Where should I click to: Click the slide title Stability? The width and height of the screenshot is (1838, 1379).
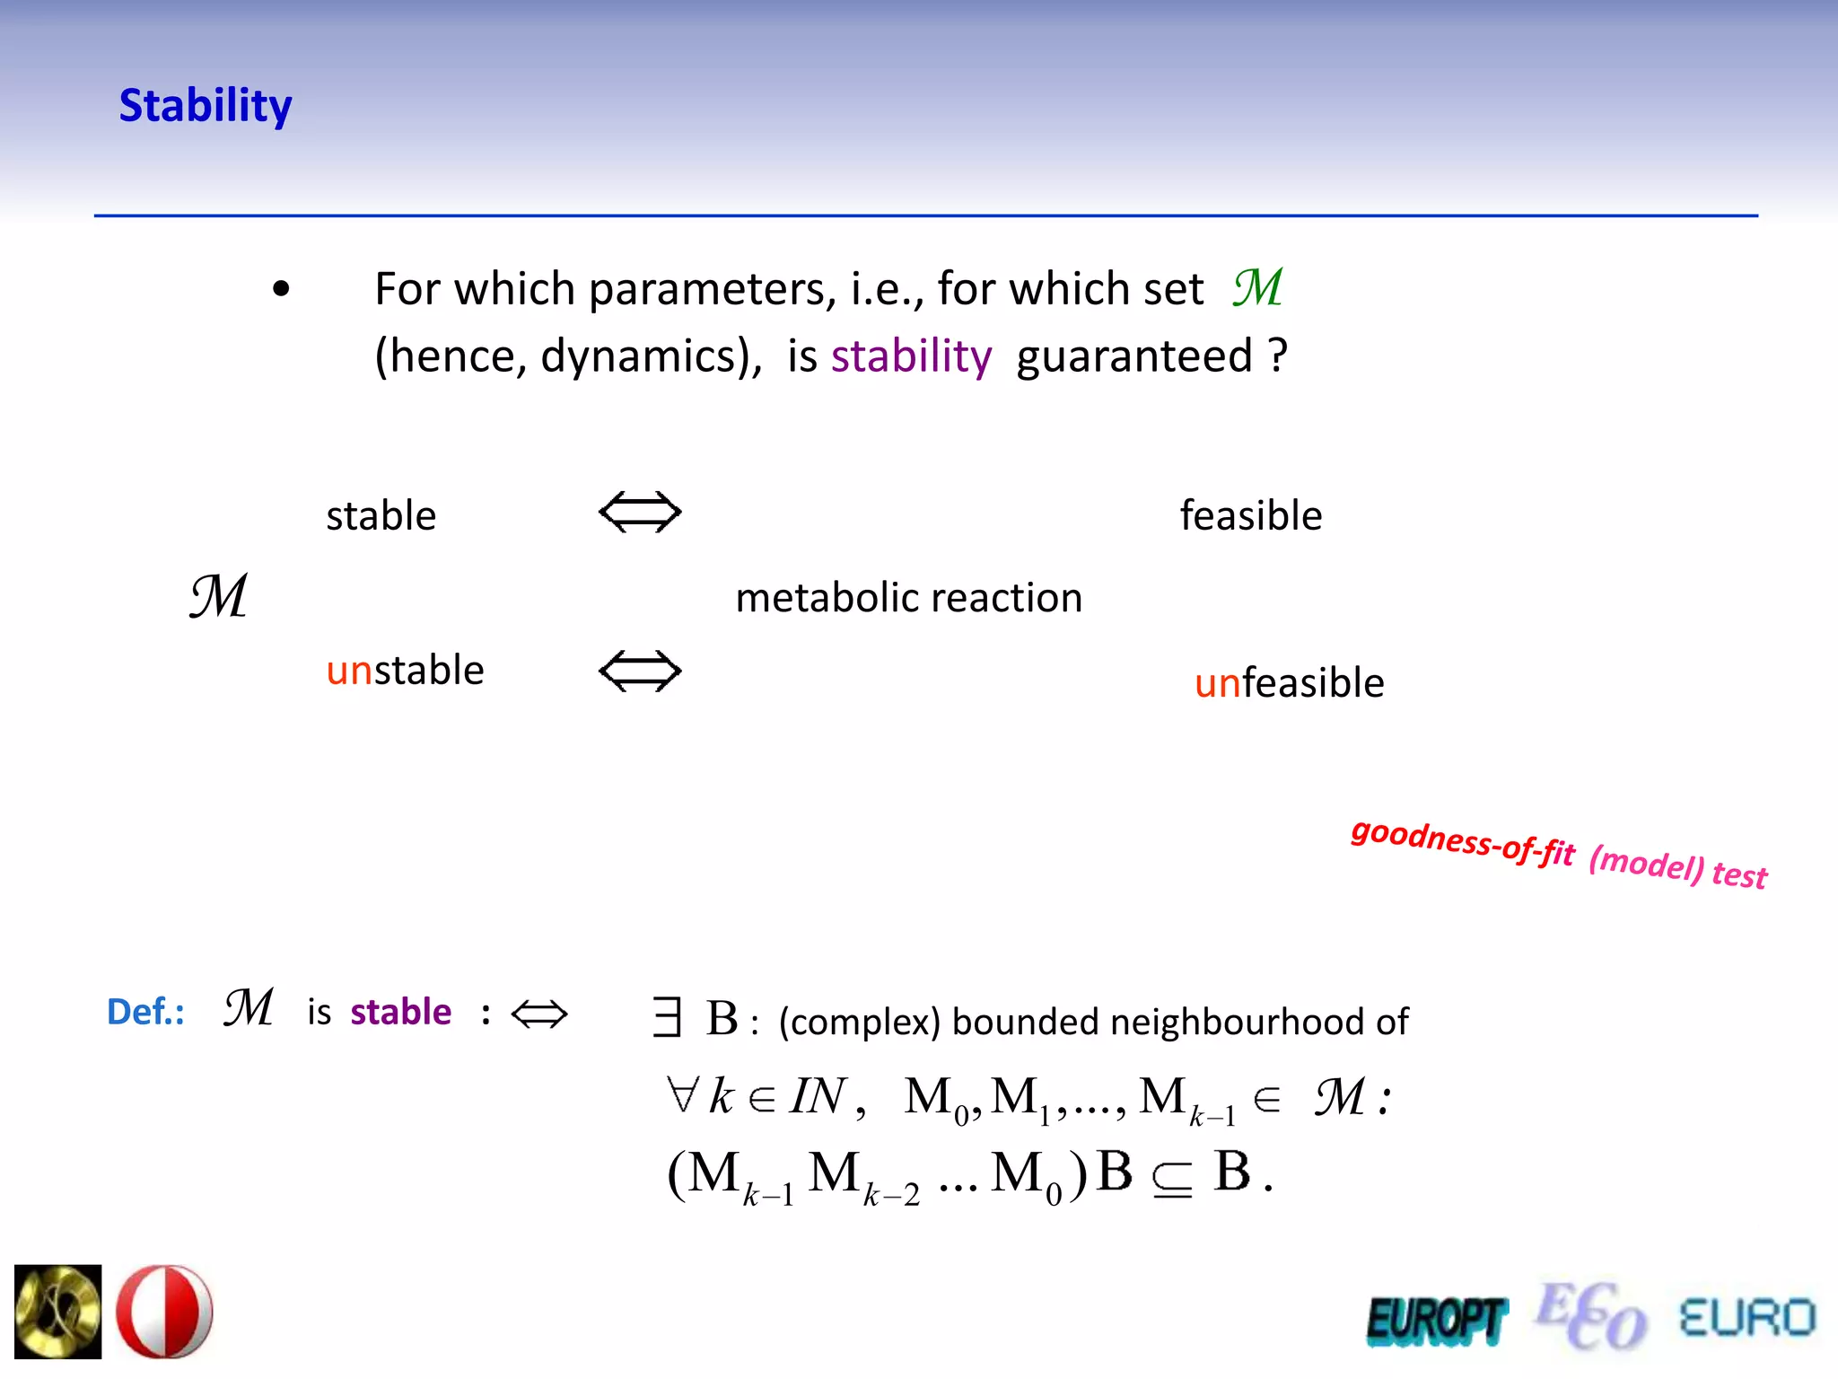click(206, 106)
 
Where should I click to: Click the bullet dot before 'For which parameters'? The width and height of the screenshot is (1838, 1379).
click(281, 289)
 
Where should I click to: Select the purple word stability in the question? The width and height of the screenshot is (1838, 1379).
click(911, 356)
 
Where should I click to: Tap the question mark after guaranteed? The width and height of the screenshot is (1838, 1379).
click(1278, 355)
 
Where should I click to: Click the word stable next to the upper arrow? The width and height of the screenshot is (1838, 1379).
click(381, 516)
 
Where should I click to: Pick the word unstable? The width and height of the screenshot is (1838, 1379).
click(405, 671)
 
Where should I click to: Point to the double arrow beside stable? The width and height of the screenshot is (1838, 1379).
click(640, 513)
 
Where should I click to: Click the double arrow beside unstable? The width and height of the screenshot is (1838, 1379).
click(640, 672)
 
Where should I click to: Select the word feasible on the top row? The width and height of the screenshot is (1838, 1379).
click(1251, 516)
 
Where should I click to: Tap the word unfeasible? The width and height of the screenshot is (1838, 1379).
click(1289, 683)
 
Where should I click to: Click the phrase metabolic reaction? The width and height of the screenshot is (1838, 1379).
click(908, 598)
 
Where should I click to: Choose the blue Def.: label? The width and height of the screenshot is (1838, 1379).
click(146, 1012)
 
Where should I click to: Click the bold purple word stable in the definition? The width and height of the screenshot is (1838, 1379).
click(401, 1012)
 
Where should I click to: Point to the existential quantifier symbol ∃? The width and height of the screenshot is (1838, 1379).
click(667, 1018)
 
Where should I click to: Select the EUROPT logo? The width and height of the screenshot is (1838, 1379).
click(1436, 1321)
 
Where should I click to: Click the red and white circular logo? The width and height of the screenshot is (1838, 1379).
click(164, 1312)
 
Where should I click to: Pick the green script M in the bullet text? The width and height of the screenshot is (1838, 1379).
click(1257, 288)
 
